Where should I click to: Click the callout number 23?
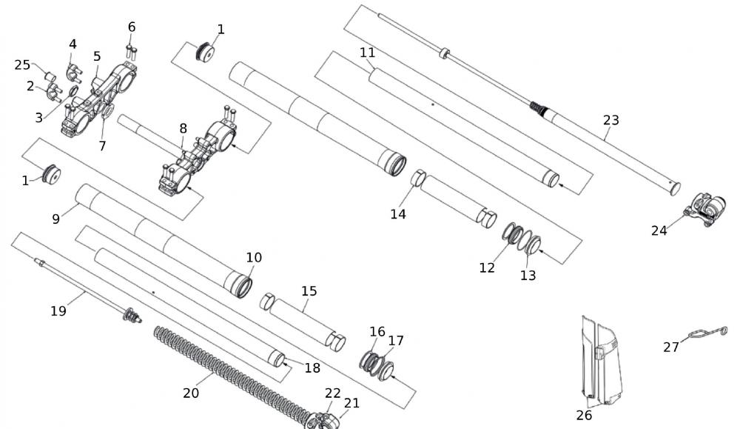tap(611, 120)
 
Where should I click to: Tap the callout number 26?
tap(584, 415)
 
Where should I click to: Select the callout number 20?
tap(191, 393)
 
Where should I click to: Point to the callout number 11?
tap(368, 53)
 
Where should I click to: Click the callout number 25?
tap(22, 65)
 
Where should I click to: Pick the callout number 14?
tap(398, 214)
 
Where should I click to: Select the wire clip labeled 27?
tap(707, 333)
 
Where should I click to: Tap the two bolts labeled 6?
tap(132, 51)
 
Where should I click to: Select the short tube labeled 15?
tap(303, 319)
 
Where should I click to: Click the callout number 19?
tap(58, 311)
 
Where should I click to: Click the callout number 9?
tap(56, 219)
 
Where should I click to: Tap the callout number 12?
tap(486, 267)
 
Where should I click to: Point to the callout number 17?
tap(397, 341)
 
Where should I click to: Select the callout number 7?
tap(103, 146)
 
